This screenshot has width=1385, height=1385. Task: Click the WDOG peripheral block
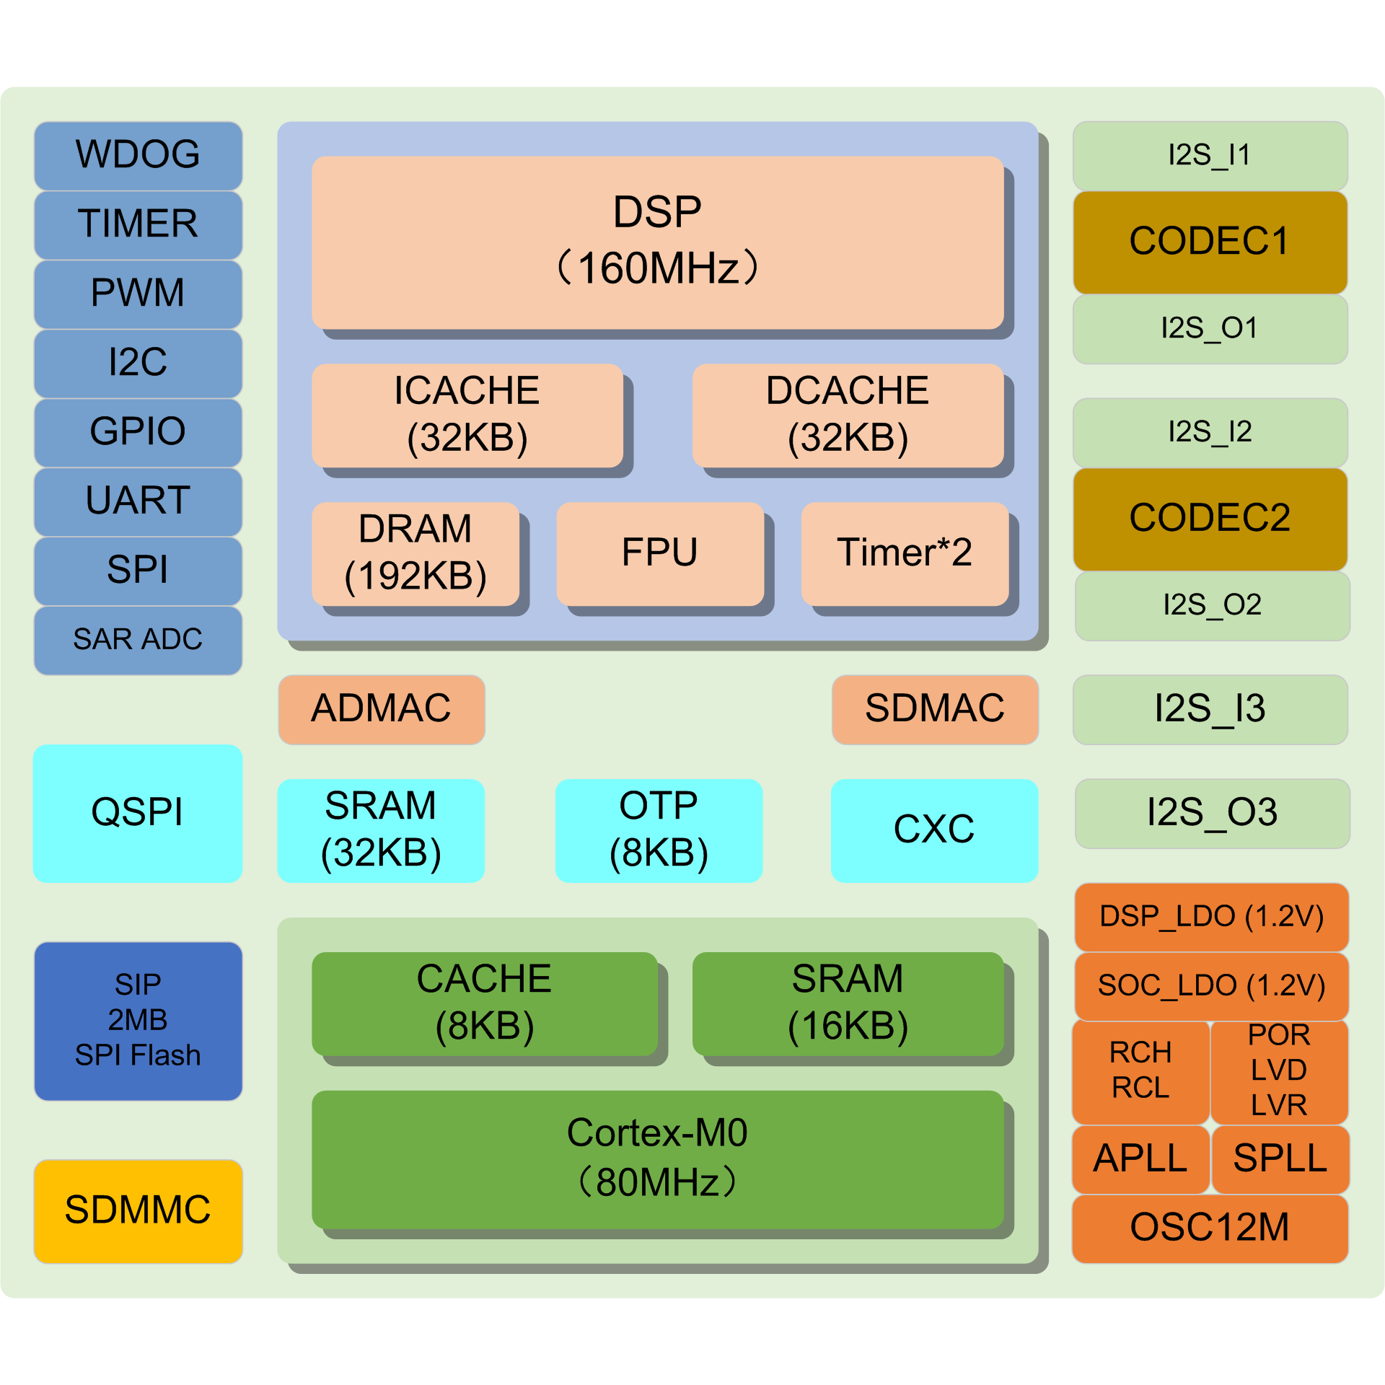[x=138, y=155]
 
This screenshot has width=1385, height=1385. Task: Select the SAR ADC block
[x=138, y=640]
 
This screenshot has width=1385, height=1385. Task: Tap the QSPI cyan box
[x=138, y=813]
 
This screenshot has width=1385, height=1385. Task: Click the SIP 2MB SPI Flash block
[x=138, y=1021]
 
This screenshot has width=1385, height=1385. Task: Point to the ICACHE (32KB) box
[x=467, y=415]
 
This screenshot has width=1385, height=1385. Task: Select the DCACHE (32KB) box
[x=848, y=415]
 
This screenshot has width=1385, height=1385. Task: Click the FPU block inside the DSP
[x=659, y=553]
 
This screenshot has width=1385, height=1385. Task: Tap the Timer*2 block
[x=905, y=553]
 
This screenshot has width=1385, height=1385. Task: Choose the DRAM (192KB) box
[x=415, y=553]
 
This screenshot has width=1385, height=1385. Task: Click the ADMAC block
[x=381, y=709]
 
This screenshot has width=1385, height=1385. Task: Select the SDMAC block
[x=935, y=709]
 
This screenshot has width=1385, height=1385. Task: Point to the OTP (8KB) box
[x=658, y=830]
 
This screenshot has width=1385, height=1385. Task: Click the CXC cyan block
[x=934, y=830]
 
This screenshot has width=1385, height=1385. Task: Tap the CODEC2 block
[x=1210, y=519]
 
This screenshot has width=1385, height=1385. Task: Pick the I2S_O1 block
[x=1210, y=329]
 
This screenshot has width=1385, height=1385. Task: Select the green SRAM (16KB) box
[x=848, y=1003]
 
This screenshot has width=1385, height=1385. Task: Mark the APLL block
[x=1140, y=1159]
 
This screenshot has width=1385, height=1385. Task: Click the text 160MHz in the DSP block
[x=658, y=269]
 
